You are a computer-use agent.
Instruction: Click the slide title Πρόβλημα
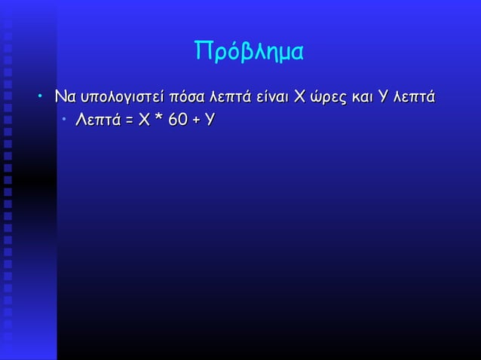point(250,51)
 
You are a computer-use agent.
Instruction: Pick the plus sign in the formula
point(196,120)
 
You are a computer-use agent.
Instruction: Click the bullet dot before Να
point(44,98)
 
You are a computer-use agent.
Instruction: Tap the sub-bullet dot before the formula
point(65,120)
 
